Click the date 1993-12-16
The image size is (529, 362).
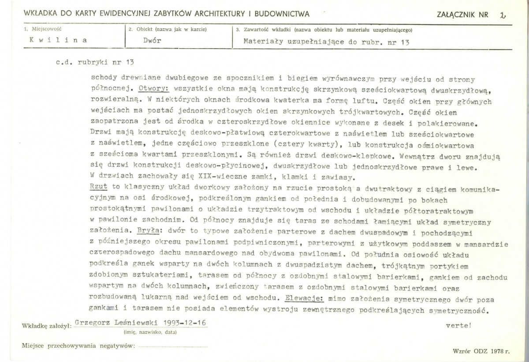click(x=184, y=323)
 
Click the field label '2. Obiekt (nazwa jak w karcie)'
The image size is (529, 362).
click(x=168, y=30)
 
